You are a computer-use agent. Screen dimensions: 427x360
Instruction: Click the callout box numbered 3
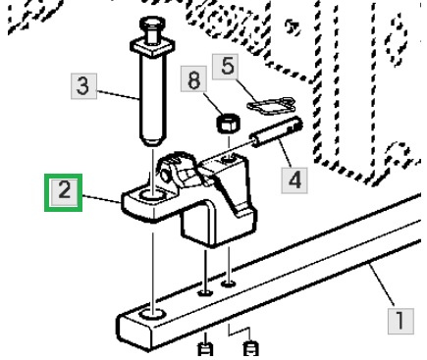83,86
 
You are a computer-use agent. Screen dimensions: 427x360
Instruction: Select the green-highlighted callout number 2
63,192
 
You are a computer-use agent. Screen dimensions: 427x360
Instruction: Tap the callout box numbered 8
193,78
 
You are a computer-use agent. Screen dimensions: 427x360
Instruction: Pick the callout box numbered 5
226,67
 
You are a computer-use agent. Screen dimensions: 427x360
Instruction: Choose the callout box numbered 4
294,180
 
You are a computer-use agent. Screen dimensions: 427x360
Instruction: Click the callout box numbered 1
400,321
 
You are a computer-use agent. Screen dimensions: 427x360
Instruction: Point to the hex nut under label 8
228,124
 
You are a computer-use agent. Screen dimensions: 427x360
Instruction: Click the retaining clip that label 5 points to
271,106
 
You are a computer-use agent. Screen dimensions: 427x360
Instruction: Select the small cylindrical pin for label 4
276,131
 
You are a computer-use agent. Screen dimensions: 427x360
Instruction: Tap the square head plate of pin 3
152,47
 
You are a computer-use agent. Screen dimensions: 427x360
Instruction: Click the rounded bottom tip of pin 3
153,140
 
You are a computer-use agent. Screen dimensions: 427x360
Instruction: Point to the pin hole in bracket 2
152,195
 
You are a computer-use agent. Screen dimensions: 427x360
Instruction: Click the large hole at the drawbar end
152,315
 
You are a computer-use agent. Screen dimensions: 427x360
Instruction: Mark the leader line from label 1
382,285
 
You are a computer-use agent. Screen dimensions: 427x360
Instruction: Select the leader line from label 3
118,94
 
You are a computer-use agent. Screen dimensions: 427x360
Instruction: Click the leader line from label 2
102,199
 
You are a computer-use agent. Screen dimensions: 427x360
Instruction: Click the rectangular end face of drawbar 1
135,332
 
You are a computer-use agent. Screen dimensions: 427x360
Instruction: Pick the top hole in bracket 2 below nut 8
229,159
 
